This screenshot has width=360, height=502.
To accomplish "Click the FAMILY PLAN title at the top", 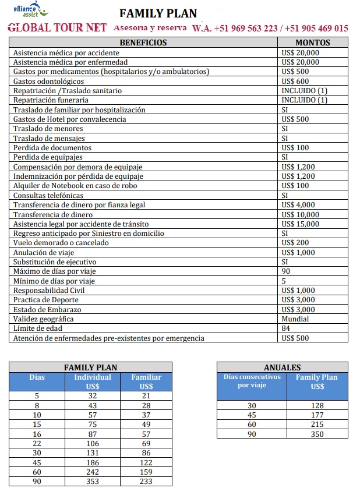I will (158, 13).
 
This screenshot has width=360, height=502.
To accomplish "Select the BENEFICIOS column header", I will (143, 43).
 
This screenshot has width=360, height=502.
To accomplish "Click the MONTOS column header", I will (312, 43).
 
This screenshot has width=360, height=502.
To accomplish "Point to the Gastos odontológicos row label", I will (48, 81).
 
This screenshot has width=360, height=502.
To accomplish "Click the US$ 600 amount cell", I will (295, 81).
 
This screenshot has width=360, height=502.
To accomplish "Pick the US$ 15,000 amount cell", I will (300, 224).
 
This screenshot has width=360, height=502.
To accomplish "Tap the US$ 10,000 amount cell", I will (300, 214).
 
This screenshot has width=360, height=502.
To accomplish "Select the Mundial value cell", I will (295, 319).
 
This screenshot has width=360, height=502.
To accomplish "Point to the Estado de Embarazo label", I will (47, 309).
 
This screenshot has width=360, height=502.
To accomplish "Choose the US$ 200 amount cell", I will (295, 243).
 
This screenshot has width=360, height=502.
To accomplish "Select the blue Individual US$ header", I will (93, 381).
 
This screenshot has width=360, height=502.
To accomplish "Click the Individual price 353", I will (93, 481).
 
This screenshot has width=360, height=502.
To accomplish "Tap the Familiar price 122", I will (146, 462).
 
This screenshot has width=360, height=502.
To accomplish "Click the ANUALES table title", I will (282, 367).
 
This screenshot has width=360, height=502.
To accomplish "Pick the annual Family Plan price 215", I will (317, 424).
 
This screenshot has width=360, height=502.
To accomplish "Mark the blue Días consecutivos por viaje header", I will (252, 381).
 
